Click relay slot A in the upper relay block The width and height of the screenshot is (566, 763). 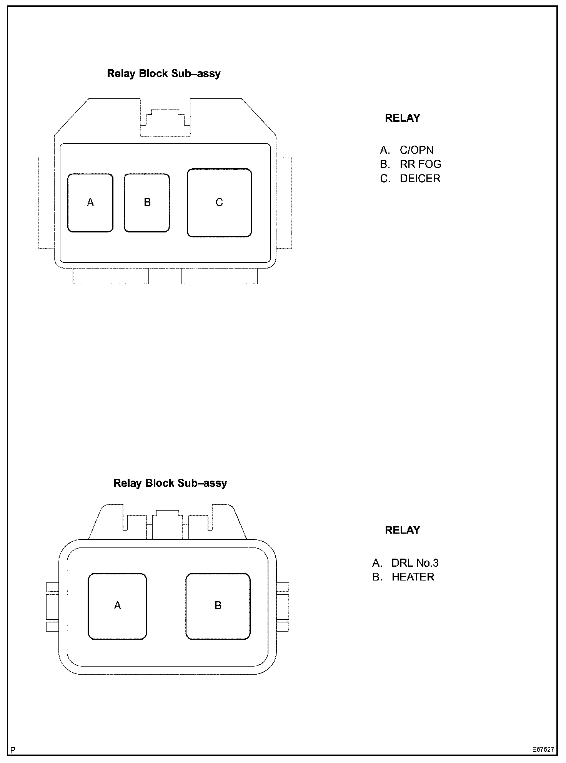(x=90, y=202)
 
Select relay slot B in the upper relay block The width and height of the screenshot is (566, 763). (x=147, y=202)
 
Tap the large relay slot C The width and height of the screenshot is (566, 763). (x=219, y=202)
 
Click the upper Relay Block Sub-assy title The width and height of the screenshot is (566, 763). (x=164, y=73)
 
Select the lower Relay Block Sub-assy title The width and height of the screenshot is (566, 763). (x=170, y=483)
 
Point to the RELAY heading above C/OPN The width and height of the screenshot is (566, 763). (x=403, y=118)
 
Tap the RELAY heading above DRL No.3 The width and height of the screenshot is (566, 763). (x=403, y=530)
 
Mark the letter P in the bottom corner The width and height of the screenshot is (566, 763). (x=13, y=750)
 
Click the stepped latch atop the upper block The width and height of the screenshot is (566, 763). (x=165, y=121)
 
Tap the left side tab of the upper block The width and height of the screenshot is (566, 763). (x=46, y=202)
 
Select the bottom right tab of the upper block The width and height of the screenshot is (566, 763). (x=219, y=277)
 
